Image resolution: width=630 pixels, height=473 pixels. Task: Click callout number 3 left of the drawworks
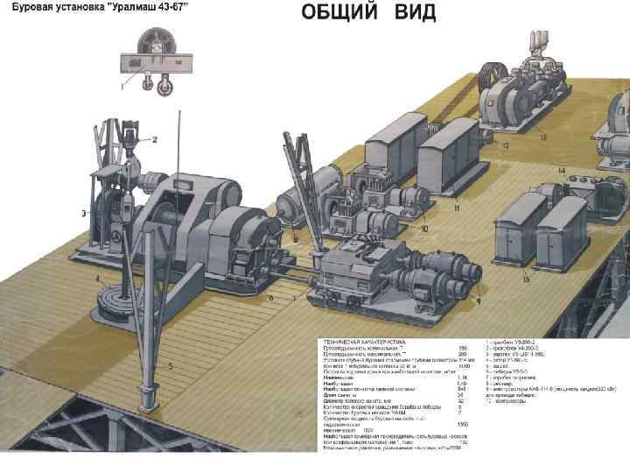[x=83, y=212]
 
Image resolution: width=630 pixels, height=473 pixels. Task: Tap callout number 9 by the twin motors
[x=479, y=300]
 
